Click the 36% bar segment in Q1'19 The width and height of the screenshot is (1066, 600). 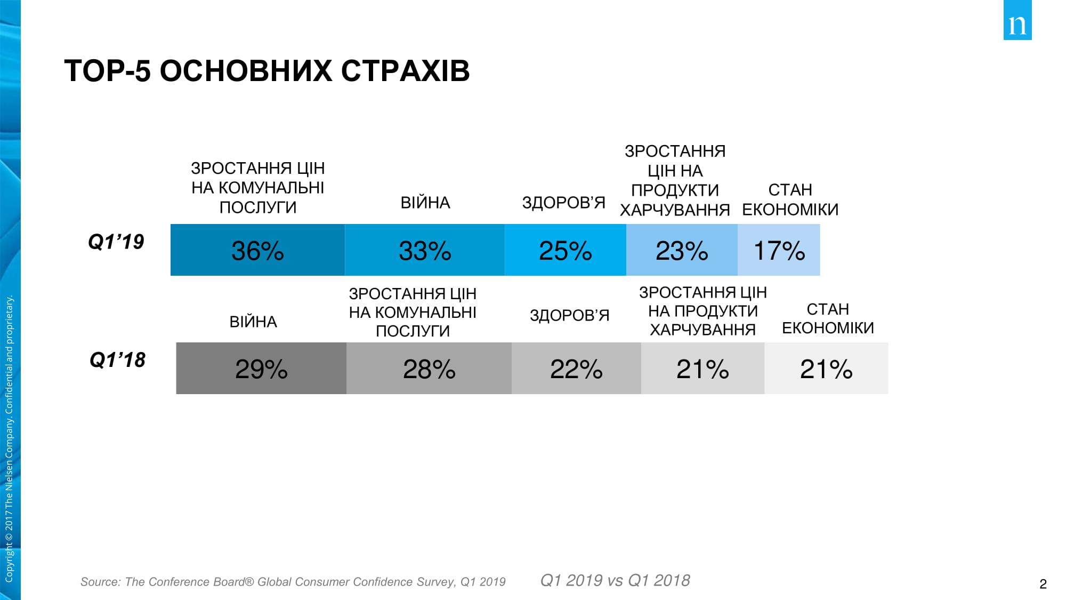(257, 250)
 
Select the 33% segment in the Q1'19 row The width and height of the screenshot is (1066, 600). (425, 250)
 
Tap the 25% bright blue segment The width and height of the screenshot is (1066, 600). (565, 250)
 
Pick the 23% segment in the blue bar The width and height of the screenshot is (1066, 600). (682, 250)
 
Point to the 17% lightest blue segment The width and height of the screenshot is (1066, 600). (779, 250)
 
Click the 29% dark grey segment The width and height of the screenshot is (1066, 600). (261, 369)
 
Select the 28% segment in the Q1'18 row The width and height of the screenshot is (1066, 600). (429, 369)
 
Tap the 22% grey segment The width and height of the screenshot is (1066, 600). (576, 369)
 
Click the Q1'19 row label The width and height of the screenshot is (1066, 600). (116, 242)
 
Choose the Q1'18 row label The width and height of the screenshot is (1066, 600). (117, 360)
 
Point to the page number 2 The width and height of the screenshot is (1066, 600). (1043, 584)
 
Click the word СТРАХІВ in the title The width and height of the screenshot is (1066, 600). (405, 70)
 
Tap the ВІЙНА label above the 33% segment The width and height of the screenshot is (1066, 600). (425, 203)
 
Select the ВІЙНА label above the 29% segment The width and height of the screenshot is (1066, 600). (253, 322)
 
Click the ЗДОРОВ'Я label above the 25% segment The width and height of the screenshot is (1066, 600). (563, 203)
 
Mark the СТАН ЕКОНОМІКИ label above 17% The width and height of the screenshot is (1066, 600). (790, 200)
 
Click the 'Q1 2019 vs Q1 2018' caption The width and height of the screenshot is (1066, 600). (615, 580)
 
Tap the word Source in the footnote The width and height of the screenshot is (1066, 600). (100, 582)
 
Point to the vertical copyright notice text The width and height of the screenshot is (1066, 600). (9, 437)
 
